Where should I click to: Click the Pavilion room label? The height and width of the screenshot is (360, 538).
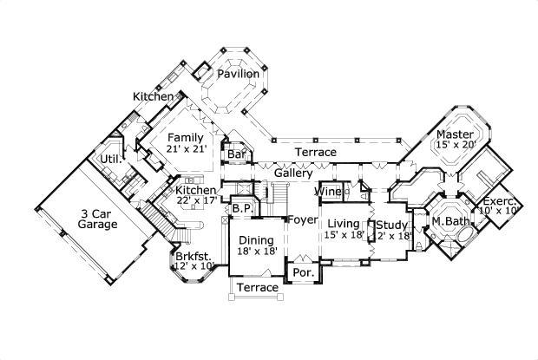[238, 74]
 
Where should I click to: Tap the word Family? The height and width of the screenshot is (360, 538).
[185, 137]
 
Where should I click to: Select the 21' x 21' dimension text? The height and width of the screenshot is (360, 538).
[185, 149]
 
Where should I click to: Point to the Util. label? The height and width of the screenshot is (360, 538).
[110, 160]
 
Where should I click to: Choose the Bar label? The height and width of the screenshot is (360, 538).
[236, 155]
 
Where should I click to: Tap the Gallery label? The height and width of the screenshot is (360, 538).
[292, 173]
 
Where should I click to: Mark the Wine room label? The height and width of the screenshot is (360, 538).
[327, 191]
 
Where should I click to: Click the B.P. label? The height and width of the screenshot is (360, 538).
[241, 209]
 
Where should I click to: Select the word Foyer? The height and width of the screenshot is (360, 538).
[303, 219]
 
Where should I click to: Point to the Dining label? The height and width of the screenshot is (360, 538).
[256, 240]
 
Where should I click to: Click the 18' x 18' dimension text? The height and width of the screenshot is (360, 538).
[256, 252]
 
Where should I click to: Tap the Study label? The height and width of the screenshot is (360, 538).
[391, 225]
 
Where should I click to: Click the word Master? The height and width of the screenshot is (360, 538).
[454, 134]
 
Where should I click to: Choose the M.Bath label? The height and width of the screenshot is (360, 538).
[449, 221]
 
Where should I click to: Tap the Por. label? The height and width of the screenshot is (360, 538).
[304, 272]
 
